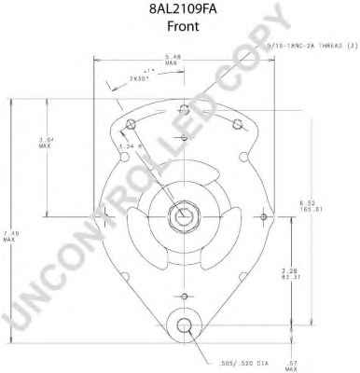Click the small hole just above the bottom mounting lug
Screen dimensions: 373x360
tap(185, 297)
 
